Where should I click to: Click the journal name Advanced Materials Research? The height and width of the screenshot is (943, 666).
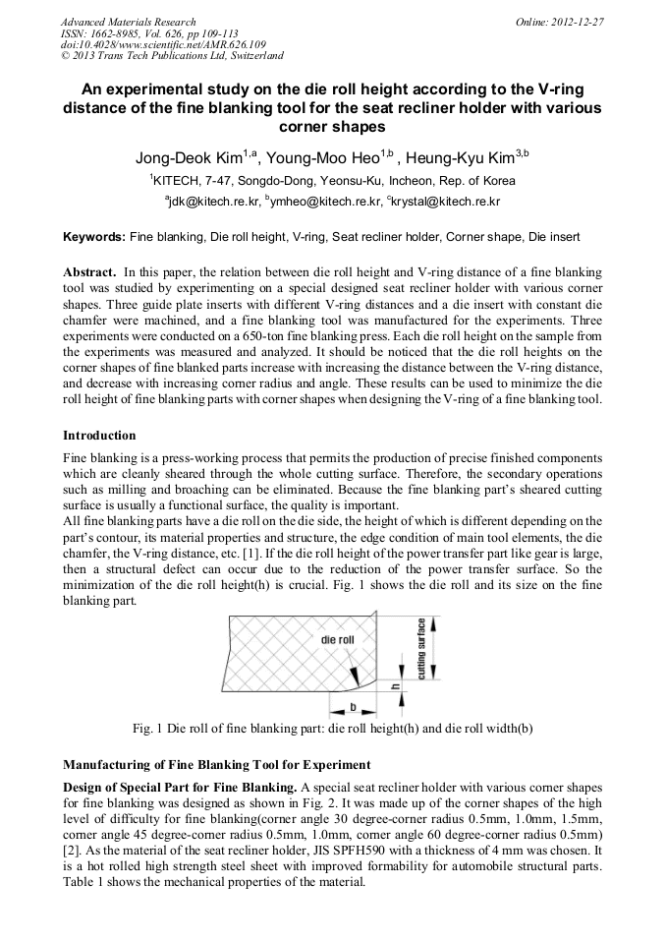coord(128,22)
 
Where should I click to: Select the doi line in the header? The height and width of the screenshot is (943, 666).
coord(163,44)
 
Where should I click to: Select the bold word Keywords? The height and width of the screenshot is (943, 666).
coord(94,237)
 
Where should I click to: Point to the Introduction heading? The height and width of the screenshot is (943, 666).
coord(99,435)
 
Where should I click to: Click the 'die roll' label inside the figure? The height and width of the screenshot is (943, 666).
coord(337,639)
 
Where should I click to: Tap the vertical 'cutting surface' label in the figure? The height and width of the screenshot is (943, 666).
coord(421,649)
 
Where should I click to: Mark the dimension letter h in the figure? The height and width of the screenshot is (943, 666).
coord(397,687)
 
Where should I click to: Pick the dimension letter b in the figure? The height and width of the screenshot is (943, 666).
coord(353,706)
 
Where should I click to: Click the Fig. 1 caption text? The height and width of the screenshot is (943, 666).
coord(332,729)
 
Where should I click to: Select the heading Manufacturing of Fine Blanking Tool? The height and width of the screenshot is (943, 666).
coord(216,764)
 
